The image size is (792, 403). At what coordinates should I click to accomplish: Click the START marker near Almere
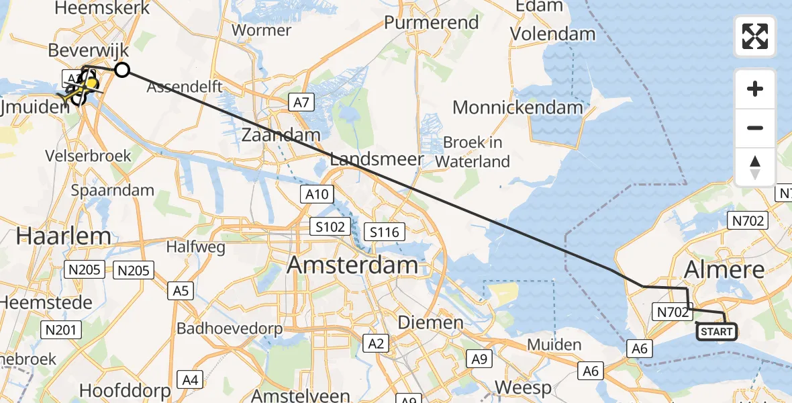coord(716,332)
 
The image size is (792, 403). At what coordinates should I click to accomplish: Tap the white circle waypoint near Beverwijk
coord(121,69)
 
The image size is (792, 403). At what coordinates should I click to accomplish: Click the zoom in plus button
coord(755,89)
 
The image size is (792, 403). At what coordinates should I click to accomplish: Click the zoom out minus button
coord(755,128)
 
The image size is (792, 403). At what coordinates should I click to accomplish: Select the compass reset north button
coord(755,167)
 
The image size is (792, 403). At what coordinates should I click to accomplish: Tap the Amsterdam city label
coord(353,265)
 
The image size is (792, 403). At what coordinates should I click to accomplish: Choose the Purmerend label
coord(432,22)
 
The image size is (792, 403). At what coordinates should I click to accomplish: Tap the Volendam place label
coord(552,34)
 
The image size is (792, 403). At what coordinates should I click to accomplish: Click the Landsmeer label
coord(377,159)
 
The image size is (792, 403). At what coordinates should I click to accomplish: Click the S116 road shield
coord(385,232)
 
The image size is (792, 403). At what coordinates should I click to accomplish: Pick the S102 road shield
coord(330,226)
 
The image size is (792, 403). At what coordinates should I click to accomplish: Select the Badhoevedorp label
coord(230,328)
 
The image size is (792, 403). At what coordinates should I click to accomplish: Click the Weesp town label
coord(524,388)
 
